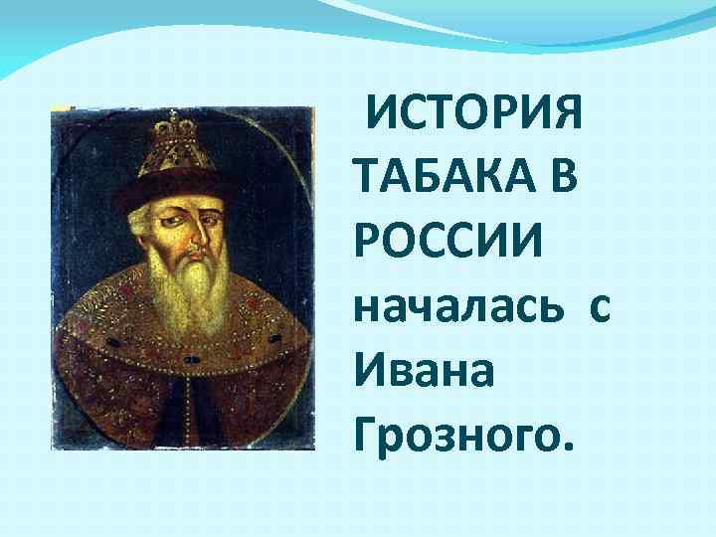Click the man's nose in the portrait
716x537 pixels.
point(197,232)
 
